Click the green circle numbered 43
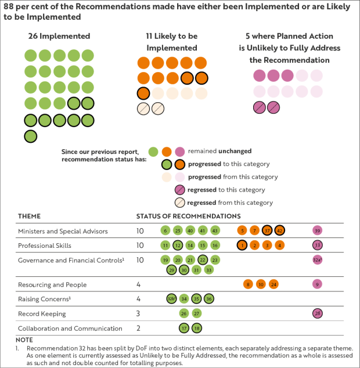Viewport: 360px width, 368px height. (215, 230)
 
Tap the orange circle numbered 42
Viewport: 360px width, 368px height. (280, 230)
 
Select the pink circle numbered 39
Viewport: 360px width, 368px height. (318, 230)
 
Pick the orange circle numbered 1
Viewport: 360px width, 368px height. (242, 245)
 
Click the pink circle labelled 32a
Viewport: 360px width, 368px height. (318, 259)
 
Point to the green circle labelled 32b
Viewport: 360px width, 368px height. (171, 298)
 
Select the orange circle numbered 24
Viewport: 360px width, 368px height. (273, 284)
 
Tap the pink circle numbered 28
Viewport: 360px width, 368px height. (318, 313)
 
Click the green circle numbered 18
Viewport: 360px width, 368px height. (197, 328)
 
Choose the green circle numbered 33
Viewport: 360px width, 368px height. (209, 270)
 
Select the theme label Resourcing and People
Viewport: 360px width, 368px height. (52, 285)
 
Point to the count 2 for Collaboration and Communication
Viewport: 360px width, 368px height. (139, 329)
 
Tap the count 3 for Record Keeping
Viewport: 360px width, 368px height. (139, 314)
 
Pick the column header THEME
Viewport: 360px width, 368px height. (29, 216)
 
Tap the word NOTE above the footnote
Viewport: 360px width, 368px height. (25, 340)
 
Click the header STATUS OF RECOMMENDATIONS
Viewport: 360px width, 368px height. (180, 216)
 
